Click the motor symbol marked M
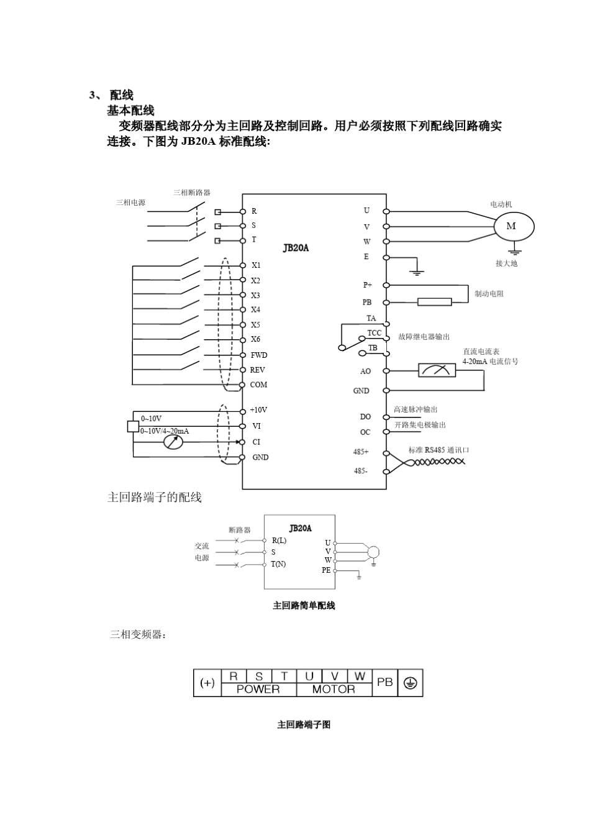[514, 226]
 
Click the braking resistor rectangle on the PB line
[434, 302]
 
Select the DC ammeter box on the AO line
[437, 370]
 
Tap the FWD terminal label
[259, 355]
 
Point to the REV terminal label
[258, 370]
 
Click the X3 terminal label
[255, 295]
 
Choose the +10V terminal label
[258, 410]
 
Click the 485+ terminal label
[361, 452]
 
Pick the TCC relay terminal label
[374, 334]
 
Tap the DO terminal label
[365, 417]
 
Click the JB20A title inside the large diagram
[296, 248]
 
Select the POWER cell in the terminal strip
[258, 689]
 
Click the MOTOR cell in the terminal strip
[334, 689]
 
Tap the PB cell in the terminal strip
[384, 682]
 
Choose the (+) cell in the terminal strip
[207, 683]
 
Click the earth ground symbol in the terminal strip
[410, 683]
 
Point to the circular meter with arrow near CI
[173, 442]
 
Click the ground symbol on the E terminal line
[417, 271]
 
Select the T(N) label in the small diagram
[278, 564]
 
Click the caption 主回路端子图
[304, 724]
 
